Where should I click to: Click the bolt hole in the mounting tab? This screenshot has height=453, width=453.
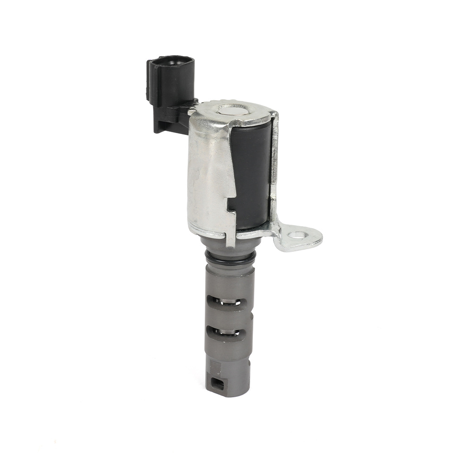(x=297, y=235)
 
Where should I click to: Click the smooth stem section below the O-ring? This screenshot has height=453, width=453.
(x=229, y=279)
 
